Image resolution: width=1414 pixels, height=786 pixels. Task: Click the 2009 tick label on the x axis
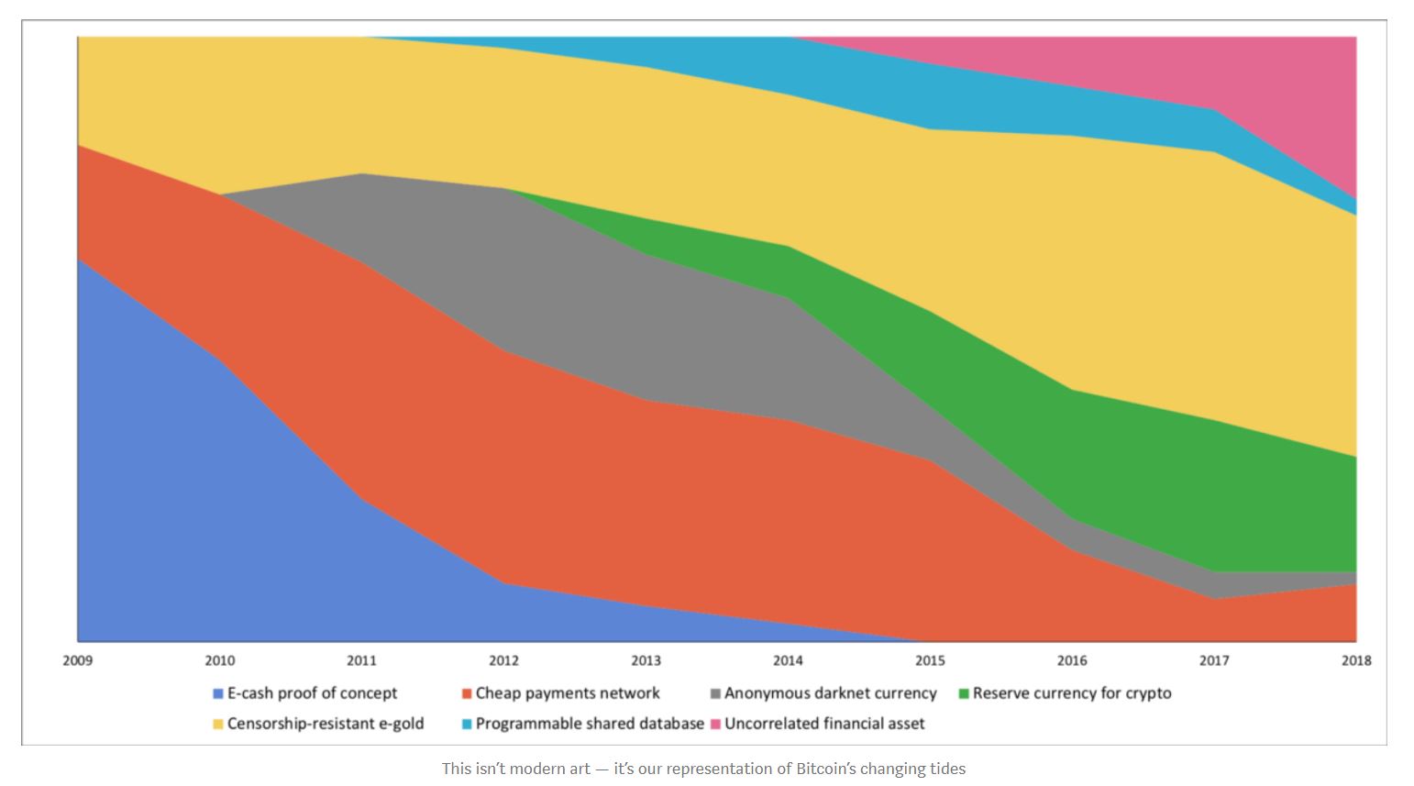pyautogui.click(x=78, y=660)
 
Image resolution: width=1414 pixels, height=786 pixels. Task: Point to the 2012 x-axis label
pyautogui.click(x=503, y=660)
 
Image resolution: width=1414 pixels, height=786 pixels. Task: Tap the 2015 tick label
pyautogui.click(x=930, y=660)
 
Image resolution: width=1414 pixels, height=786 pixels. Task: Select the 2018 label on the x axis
pyautogui.click(x=1355, y=660)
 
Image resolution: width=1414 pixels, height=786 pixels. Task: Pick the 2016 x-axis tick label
pyautogui.click(x=1072, y=660)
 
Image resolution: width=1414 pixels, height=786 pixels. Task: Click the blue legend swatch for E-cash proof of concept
pyautogui.click(x=218, y=694)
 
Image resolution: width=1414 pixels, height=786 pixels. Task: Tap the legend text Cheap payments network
pyautogui.click(x=567, y=693)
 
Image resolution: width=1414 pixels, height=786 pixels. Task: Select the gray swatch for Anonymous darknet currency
pyautogui.click(x=715, y=694)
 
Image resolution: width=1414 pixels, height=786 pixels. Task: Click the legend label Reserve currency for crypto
pyautogui.click(x=1071, y=693)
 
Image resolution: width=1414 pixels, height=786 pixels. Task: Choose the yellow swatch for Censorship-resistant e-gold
pyautogui.click(x=218, y=725)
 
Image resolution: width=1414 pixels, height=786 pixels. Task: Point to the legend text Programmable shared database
pyautogui.click(x=589, y=724)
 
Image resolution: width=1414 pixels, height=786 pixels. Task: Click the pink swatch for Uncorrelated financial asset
pyautogui.click(x=715, y=725)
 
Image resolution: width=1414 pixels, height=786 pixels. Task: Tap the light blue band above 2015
pyautogui.click(x=930, y=96)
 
